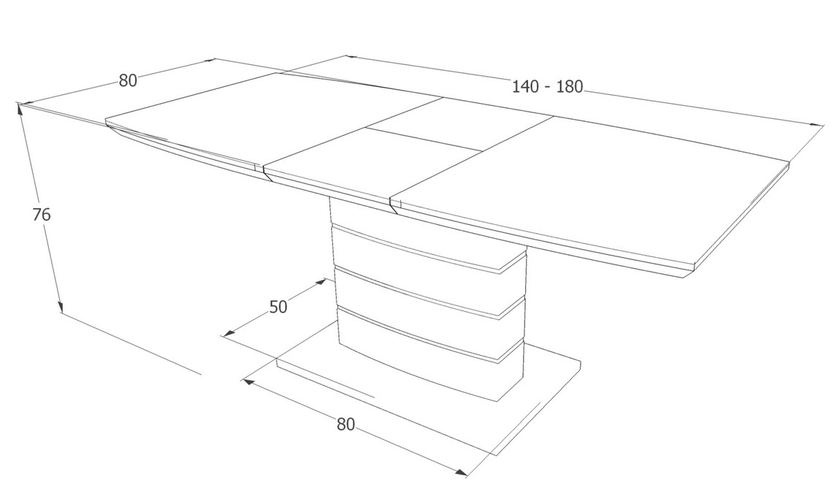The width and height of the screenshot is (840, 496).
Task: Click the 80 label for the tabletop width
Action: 128,80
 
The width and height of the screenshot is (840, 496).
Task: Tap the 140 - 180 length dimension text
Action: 547,87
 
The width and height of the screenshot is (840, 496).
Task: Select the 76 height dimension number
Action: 41,215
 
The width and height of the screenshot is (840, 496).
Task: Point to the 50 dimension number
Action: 278,307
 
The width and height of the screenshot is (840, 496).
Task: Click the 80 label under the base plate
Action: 346,424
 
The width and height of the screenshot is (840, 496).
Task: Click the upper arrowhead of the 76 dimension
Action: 20,110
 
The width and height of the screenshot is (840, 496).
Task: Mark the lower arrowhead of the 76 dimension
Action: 61,307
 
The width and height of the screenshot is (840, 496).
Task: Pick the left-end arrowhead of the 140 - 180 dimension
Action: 351,56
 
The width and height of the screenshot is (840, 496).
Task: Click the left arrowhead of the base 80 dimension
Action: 248,381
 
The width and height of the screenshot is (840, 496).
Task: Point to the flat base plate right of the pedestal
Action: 551,375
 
